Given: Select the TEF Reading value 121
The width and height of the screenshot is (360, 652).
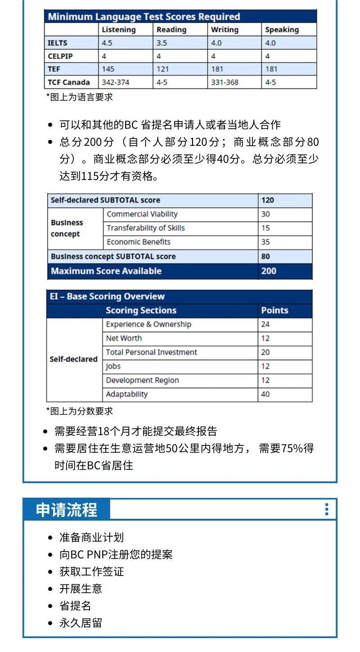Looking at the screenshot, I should tap(162, 69).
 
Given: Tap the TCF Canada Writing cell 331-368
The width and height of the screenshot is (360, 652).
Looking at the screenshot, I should tap(225, 82).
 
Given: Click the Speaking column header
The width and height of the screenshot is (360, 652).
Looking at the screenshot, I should tap(282, 30).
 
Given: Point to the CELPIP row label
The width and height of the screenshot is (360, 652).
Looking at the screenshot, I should tap(60, 56).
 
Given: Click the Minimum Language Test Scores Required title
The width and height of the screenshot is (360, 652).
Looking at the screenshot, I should tap(144, 17).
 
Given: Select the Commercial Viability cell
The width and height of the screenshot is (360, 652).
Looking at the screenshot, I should tap(142, 214).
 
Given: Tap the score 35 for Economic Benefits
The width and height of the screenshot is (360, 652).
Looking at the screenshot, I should tap(265, 242).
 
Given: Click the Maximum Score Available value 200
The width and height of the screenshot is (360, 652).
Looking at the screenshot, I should tap(269, 271).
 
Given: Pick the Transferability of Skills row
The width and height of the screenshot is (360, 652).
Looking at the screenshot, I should tap(146, 228).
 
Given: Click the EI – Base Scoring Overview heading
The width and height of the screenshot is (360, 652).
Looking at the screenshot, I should tap(107, 297).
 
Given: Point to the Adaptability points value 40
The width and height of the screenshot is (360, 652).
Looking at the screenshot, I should tap(265, 394).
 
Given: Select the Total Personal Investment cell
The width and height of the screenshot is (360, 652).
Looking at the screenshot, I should tap(151, 352).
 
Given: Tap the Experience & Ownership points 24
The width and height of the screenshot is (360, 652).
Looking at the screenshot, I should tap(265, 324).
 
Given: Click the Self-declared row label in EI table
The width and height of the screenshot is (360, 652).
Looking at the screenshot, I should tap(73, 359).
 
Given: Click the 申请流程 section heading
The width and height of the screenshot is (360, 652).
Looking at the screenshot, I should tap(67, 510).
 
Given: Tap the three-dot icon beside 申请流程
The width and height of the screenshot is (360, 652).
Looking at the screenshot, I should tap(327, 509).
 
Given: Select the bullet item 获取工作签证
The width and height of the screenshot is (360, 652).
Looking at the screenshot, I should tap(92, 571).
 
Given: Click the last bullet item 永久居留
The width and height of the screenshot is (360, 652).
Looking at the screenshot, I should tap(81, 623).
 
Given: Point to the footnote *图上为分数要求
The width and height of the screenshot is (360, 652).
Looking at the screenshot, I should tap(80, 411).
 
